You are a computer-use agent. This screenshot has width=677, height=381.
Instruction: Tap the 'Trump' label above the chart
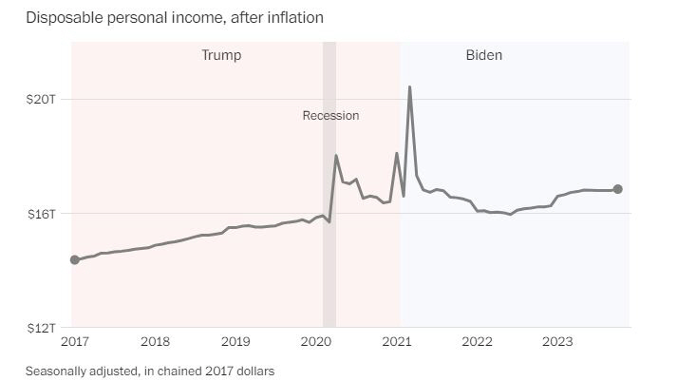(x=221, y=55)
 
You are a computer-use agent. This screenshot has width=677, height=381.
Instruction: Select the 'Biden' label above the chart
(x=483, y=55)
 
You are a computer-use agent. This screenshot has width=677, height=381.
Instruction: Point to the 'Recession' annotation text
(x=330, y=116)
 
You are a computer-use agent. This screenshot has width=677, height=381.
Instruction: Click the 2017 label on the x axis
(x=74, y=341)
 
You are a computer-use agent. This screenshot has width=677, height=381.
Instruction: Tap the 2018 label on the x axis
(x=155, y=341)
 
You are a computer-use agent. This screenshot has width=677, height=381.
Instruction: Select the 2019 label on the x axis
(x=235, y=341)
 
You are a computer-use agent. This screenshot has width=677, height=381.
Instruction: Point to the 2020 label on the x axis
(x=316, y=341)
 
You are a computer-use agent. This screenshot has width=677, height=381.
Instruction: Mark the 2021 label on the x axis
(x=397, y=341)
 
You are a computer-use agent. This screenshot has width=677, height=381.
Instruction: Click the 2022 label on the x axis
(x=477, y=341)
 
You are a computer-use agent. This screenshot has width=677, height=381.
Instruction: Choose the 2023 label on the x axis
(x=557, y=341)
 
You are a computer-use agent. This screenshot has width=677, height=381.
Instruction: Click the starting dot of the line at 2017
(x=75, y=259)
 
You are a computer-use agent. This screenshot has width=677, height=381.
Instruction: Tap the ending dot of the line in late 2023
(x=618, y=189)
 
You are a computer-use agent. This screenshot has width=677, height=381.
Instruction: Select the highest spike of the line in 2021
(x=409, y=87)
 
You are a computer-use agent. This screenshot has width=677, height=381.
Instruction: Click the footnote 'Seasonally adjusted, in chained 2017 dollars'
(x=149, y=370)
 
